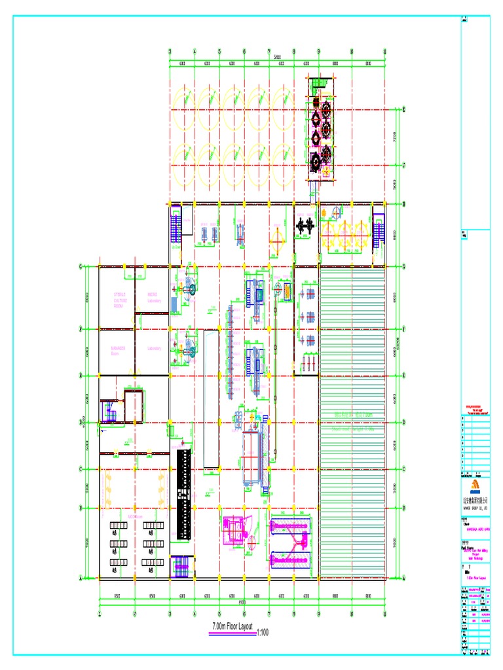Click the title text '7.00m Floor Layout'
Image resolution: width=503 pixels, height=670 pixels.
233,627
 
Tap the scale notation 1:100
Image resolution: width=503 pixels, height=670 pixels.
263,633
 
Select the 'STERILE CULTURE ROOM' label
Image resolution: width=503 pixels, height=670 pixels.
121,300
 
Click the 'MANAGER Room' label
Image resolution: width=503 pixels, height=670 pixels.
118,350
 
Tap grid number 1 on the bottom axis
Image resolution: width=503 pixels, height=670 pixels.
100,613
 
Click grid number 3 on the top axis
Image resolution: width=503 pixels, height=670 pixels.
170,52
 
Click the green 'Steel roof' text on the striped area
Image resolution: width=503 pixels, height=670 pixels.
354,415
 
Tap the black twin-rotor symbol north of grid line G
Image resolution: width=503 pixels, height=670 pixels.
305,226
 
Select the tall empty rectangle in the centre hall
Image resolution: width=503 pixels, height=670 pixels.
211,399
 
